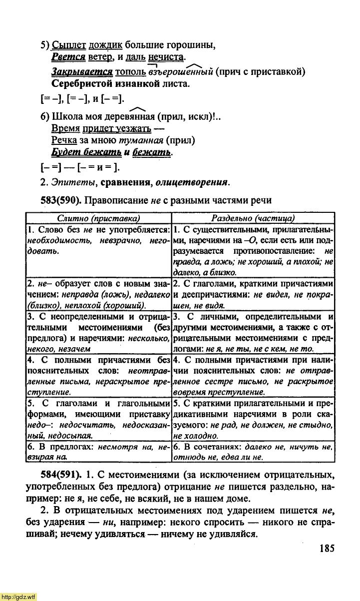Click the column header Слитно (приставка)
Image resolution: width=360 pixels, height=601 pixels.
(x=98, y=218)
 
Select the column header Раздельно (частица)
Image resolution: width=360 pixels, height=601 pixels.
(x=253, y=218)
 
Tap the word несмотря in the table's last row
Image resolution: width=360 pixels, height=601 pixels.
(x=117, y=447)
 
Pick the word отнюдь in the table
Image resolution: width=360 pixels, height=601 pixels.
(x=188, y=457)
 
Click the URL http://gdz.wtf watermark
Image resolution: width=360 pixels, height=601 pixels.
(x=18, y=597)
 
